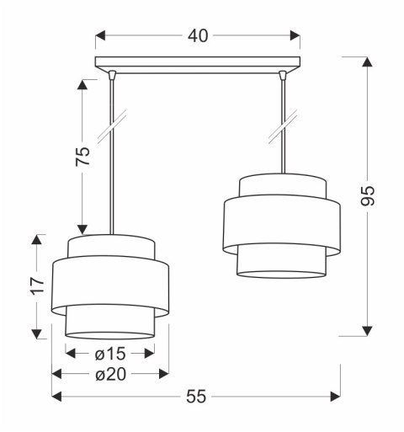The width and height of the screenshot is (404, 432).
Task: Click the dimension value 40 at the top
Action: (199, 35)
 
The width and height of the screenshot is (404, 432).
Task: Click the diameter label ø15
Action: (109, 354)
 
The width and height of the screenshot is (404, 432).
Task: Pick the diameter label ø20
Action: (109, 374)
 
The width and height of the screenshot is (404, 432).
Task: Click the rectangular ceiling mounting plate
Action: (198, 62)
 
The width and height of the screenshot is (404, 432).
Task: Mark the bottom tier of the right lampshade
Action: (281, 262)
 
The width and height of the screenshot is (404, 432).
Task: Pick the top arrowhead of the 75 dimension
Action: (82, 84)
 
